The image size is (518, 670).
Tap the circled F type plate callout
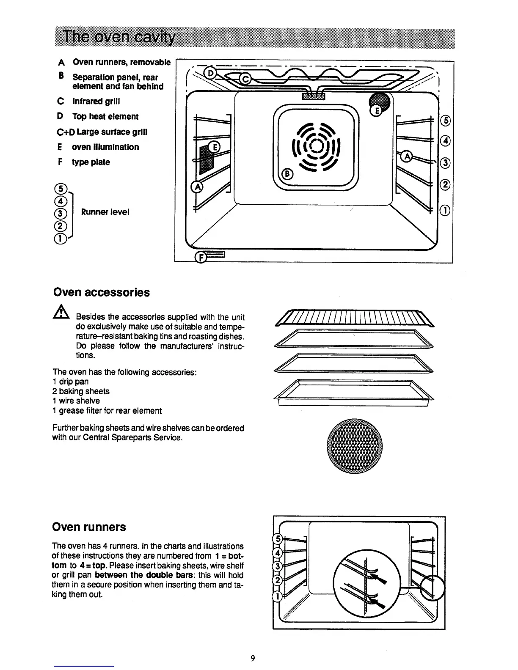point(199,257)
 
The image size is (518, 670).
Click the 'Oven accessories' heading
point(101,293)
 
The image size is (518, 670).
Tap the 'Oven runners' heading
point(89,527)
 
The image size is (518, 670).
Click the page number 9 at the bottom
point(253,658)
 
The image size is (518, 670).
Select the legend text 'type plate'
point(91,162)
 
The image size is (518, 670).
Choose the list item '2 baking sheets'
point(81,391)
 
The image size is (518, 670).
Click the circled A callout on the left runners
point(197,187)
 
